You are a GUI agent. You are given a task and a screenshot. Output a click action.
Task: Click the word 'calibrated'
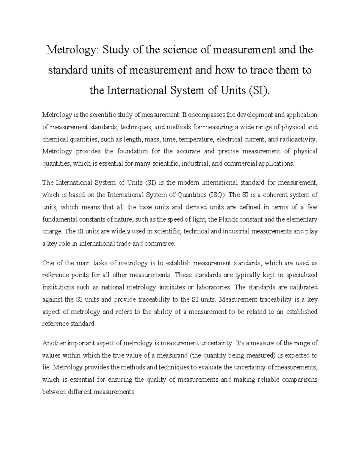pyautogui.click(x=304, y=287)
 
